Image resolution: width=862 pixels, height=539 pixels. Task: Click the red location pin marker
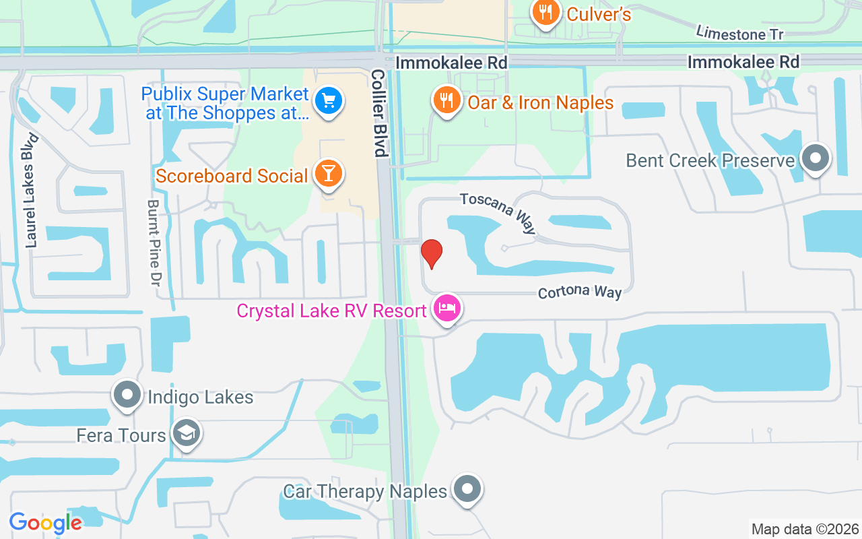(x=431, y=253)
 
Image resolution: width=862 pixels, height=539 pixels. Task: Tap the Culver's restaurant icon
(x=545, y=12)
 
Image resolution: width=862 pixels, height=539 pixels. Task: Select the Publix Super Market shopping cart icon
(x=328, y=102)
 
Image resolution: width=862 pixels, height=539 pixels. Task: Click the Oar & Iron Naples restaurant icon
(x=445, y=101)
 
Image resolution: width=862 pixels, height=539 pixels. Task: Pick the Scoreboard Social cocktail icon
(x=328, y=175)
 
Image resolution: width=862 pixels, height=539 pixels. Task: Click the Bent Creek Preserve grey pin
(x=816, y=159)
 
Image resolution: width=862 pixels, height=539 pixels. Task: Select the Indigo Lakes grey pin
(x=127, y=395)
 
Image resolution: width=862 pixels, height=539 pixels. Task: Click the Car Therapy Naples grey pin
(x=467, y=490)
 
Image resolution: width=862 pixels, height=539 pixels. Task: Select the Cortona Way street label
(x=579, y=292)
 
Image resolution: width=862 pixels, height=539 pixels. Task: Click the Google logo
(x=45, y=523)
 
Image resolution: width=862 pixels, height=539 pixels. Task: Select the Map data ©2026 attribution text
(x=805, y=529)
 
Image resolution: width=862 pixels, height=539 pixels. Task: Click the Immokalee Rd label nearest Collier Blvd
(x=451, y=63)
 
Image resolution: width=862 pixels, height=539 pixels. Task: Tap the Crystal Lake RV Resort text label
(x=331, y=311)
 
